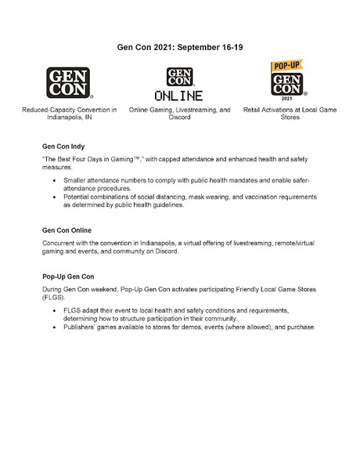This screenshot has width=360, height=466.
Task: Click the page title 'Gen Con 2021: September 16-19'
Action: pyautogui.click(x=181, y=47)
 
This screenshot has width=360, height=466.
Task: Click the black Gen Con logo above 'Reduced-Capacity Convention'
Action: pyautogui.click(x=69, y=84)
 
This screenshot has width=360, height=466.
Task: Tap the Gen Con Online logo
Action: pyautogui.click(x=179, y=84)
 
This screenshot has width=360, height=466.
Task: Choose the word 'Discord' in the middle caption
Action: pyautogui.click(x=179, y=119)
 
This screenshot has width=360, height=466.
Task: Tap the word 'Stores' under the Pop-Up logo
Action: pyautogui.click(x=290, y=119)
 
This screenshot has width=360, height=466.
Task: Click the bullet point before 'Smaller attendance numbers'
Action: pyautogui.click(x=53, y=180)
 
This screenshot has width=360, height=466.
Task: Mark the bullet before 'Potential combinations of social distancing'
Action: pyautogui.click(x=53, y=197)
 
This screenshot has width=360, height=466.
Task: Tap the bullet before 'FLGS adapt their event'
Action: pyautogui.click(x=53, y=310)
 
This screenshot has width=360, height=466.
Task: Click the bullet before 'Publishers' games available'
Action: pyautogui.click(x=53, y=327)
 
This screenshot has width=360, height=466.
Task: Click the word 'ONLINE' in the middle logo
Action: pyautogui.click(x=178, y=96)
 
